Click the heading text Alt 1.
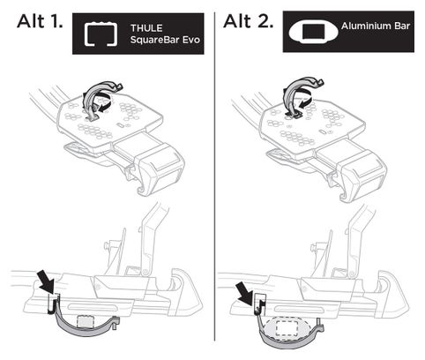pyautogui.click(x=40, y=21)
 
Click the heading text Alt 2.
pyautogui.click(x=249, y=21)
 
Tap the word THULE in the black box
pyautogui.click(x=146, y=28)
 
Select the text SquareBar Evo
pyautogui.click(x=165, y=40)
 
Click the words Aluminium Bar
pyautogui.click(x=376, y=26)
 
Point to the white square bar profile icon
pyautogui.click(x=101, y=34)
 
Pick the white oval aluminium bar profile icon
pyautogui.click(x=313, y=32)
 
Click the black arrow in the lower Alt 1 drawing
pyautogui.click(x=47, y=282)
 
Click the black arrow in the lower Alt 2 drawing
pyautogui.click(x=245, y=293)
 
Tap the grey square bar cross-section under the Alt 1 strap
pyautogui.click(x=86, y=321)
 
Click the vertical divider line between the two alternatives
pyautogui.click(x=214, y=176)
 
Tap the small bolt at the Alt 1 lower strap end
pyautogui.click(x=117, y=323)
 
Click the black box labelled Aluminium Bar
pyautogui.click(x=348, y=32)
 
